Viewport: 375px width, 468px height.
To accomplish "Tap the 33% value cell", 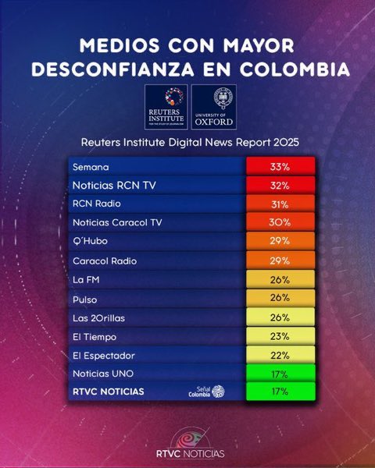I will [x=280, y=168].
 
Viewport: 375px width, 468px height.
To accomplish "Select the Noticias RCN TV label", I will [x=109, y=186].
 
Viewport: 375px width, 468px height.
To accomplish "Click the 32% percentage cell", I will [x=280, y=186].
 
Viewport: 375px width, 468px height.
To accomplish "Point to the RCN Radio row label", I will [x=94, y=204].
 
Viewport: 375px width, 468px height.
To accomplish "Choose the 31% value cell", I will [x=280, y=204].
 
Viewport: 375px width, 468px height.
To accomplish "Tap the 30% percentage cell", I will [x=280, y=222].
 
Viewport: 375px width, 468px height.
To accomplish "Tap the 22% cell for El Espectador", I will [x=280, y=355].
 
